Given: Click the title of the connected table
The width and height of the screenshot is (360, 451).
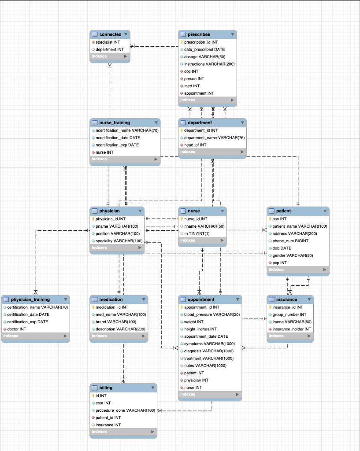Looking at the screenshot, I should click(x=110, y=34).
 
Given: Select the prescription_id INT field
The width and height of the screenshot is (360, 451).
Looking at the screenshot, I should click(x=200, y=42).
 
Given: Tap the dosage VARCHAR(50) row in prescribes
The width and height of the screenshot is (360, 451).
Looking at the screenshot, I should click(x=204, y=57).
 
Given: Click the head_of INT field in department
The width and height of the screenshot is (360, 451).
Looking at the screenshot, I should click(x=195, y=145).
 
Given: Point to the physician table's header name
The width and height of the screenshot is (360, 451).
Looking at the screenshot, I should click(x=110, y=211).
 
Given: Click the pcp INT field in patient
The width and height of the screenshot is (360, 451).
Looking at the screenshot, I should click(x=280, y=263).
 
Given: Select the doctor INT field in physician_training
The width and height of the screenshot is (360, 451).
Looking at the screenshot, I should click(x=17, y=329).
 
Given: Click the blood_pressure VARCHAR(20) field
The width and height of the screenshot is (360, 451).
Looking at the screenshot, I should click(x=212, y=314).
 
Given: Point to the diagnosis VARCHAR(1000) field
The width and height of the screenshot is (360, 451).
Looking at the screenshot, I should click(x=209, y=351).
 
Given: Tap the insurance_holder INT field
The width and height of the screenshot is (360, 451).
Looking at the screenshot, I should click(x=291, y=329).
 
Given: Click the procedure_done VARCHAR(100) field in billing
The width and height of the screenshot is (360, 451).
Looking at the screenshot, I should click(x=125, y=410).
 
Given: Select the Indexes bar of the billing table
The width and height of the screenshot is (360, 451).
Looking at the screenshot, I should click(x=123, y=432).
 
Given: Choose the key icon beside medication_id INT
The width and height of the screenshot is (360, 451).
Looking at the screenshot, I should click(x=93, y=307).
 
